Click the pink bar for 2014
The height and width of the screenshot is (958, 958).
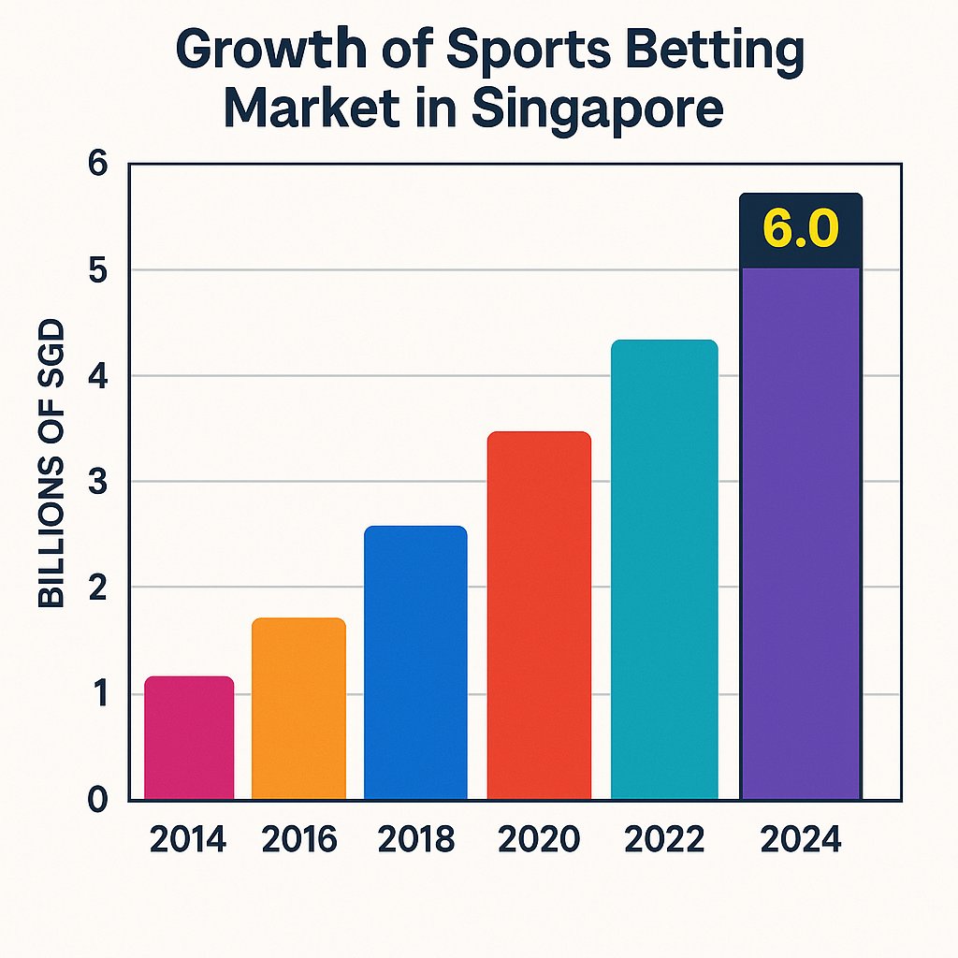point(189,738)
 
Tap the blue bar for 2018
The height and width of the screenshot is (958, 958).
point(415,663)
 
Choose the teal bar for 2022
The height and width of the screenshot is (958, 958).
point(664,570)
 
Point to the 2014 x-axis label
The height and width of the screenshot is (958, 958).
point(188,840)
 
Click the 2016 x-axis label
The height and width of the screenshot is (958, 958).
point(299,840)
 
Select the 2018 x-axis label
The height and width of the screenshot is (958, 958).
point(416,840)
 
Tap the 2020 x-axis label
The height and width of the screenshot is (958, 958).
point(538,840)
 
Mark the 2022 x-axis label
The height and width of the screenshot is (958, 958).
point(664,840)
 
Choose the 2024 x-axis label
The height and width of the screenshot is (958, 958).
point(801,840)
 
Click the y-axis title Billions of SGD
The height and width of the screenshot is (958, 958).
point(52,464)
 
